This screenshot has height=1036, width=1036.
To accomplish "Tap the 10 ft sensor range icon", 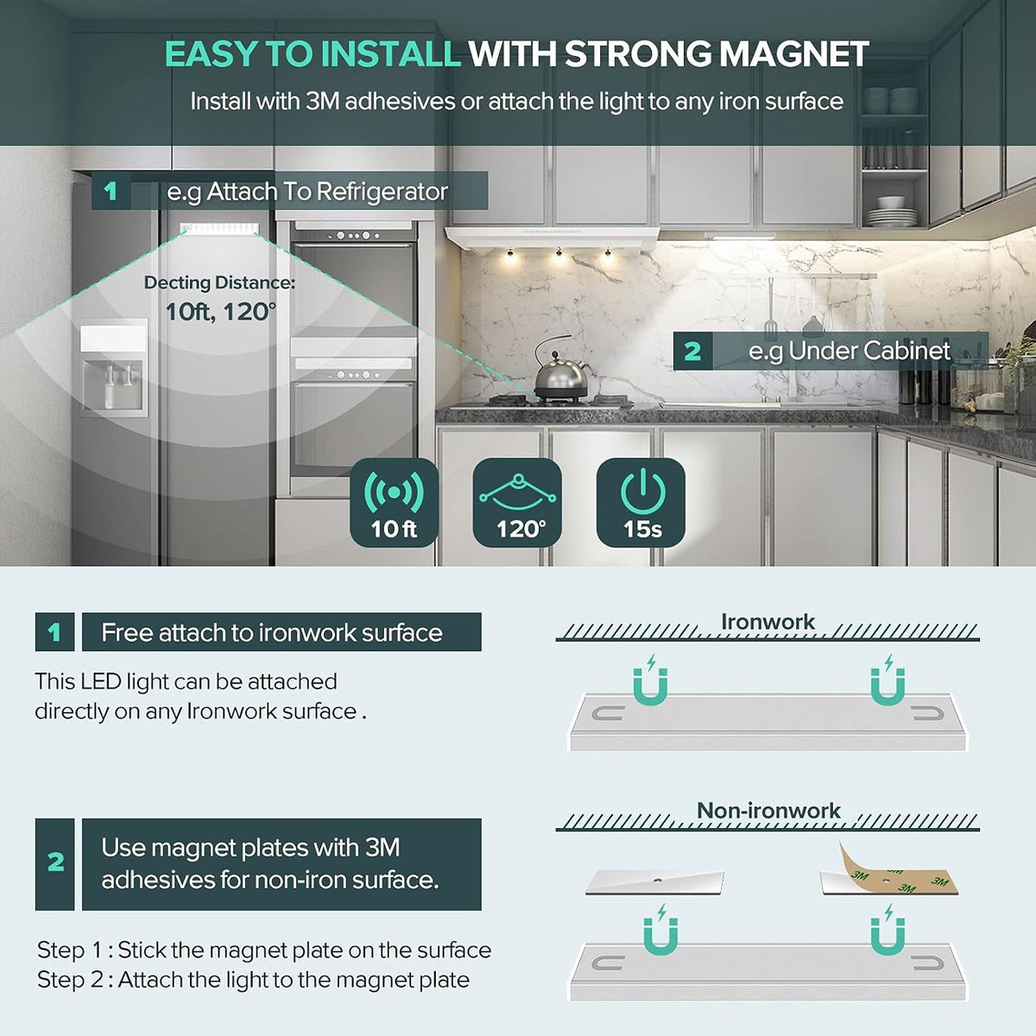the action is tap(394, 502).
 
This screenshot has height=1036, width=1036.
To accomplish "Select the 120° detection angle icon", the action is tap(518, 502).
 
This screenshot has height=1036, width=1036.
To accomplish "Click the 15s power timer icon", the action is tap(641, 502).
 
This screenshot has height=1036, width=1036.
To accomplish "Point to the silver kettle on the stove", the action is tap(559, 371).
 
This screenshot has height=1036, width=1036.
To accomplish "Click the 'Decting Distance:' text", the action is tap(219, 283).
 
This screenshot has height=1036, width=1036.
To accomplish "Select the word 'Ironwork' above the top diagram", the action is tap(768, 622).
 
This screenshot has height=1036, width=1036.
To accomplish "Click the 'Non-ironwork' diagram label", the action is tap(768, 811).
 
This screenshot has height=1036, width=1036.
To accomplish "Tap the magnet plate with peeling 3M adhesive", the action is tap(888, 873).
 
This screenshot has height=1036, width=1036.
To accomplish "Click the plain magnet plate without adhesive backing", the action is tap(654, 883).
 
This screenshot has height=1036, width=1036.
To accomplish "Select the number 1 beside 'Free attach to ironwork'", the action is tap(54, 632).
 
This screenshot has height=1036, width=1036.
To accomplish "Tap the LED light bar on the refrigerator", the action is tap(219, 228).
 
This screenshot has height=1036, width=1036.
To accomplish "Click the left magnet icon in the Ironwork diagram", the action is tap(651, 680).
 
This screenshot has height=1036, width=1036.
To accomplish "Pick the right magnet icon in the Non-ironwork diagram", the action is tap(888, 931).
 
